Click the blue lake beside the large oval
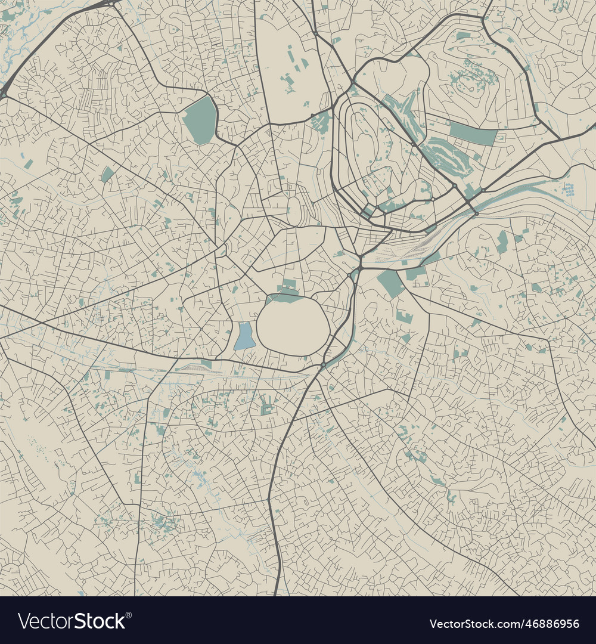pyautogui.click(x=244, y=336)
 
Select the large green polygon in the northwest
pyautogui.click(x=200, y=120)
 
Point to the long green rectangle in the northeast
pyautogui.click(x=473, y=134)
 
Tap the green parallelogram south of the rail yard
pyautogui.click(x=391, y=283)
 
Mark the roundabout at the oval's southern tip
pyautogui.click(x=322, y=364)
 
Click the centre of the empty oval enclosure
pyautogui.click(x=293, y=327)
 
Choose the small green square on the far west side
pyautogui.click(x=107, y=174)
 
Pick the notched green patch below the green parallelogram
pyautogui.click(x=404, y=316)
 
